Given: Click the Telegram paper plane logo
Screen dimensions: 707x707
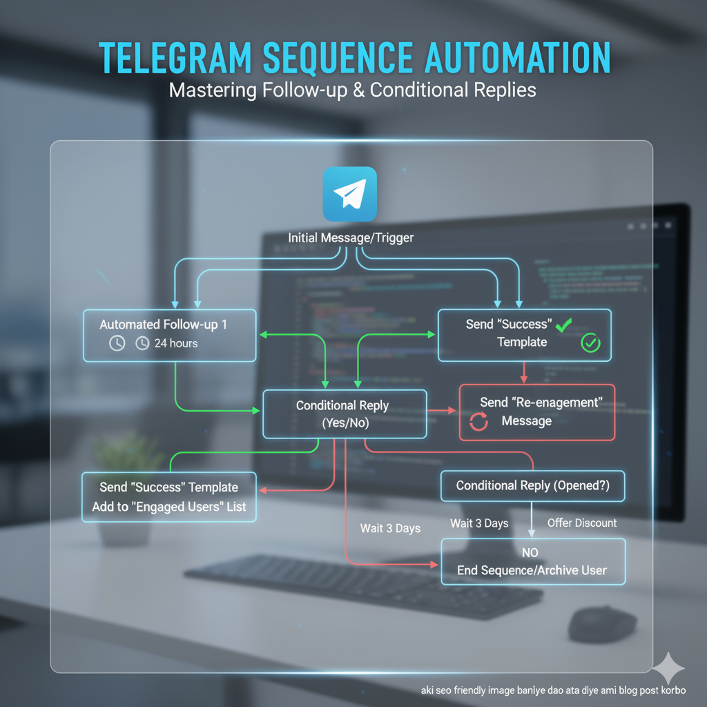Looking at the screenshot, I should (350, 194).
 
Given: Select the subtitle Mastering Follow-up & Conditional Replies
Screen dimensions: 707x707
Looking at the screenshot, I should (353, 90).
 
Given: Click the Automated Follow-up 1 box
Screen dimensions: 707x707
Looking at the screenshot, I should (169, 335).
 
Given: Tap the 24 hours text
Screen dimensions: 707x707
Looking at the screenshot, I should (175, 343).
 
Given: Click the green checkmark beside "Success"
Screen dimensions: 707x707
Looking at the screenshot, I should (563, 324).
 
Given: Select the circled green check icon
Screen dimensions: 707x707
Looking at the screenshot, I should (590, 342).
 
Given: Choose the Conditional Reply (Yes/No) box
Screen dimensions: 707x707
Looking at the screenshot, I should (342, 414).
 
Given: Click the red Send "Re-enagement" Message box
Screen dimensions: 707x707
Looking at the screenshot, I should (536, 412).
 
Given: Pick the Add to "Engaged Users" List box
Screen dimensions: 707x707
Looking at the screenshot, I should (169, 497).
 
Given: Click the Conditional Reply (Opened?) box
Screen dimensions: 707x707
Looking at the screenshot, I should (532, 486).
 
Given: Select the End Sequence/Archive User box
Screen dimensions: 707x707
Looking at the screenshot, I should (532, 562).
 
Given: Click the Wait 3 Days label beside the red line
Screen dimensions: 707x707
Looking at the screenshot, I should (390, 528).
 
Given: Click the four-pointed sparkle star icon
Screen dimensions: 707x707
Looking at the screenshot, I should (668, 668).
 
